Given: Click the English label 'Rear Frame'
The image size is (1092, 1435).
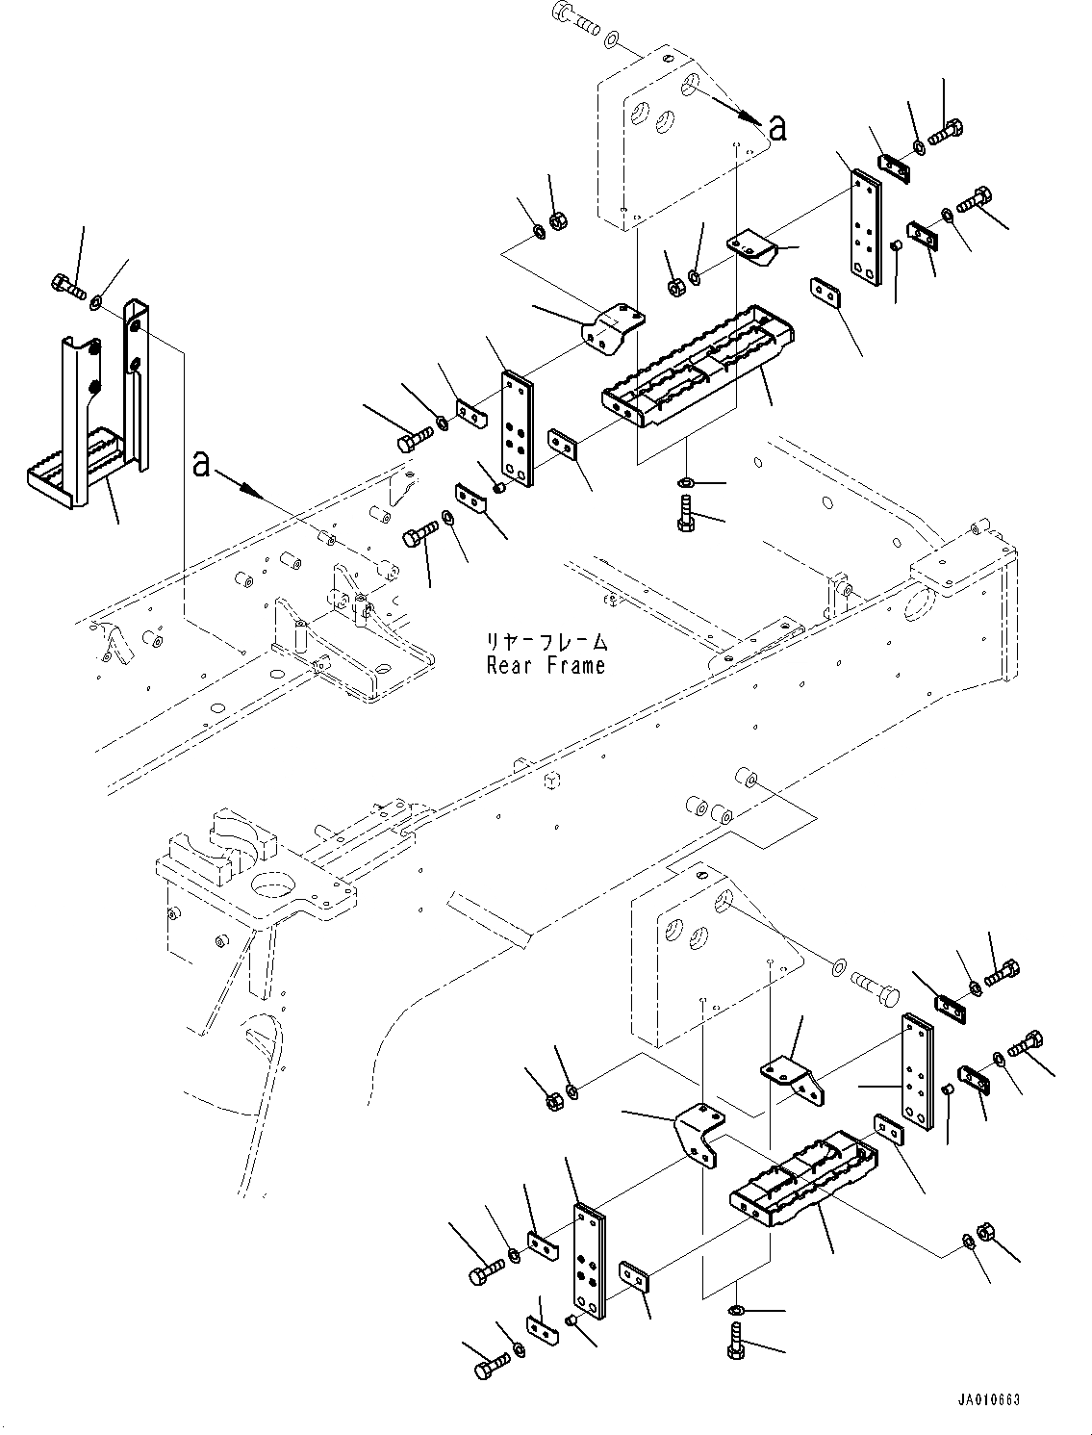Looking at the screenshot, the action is tap(546, 665).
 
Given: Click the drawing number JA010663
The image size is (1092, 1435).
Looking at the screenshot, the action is tap(989, 1399).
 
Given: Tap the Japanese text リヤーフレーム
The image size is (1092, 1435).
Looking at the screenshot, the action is tap(546, 642).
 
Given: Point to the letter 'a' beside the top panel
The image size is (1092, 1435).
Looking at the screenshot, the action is tap(777, 128).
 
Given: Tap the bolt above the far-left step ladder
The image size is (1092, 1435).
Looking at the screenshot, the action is tap(68, 287).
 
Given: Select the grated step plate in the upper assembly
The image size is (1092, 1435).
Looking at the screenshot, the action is tap(699, 366).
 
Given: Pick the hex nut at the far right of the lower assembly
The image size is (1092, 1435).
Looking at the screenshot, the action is tap(986, 1234).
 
